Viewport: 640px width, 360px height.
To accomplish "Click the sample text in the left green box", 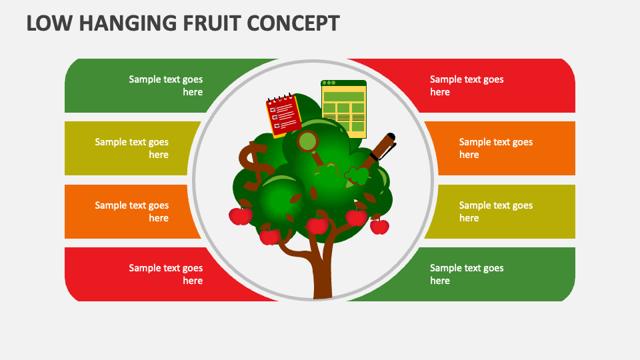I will [166, 85].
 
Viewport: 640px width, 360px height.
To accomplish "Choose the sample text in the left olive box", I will [132, 148].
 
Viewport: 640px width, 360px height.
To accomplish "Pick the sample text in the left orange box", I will [132, 211].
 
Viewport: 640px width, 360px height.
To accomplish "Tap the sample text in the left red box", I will [166, 274].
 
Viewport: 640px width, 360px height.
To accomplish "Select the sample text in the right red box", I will [467, 85].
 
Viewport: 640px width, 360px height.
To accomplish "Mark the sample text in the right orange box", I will [496, 148].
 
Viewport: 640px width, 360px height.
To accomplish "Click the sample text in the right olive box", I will [496, 211].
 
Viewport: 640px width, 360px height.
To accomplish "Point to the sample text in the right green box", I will [467, 274].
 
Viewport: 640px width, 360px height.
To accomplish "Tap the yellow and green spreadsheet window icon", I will [344, 109].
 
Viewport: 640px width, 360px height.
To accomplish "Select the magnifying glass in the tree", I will [309, 143].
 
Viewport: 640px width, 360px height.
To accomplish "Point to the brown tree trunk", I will [323, 273].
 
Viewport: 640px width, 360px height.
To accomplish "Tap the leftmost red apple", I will [241, 216].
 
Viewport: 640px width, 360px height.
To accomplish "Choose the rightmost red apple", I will [379, 227].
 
